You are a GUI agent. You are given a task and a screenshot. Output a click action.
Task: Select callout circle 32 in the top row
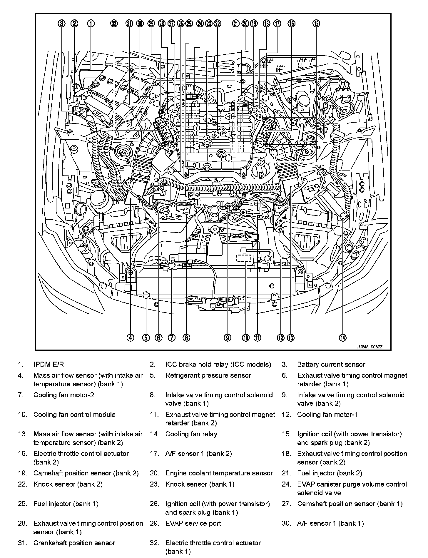tap(114, 24)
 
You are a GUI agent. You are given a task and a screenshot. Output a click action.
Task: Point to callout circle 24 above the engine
tap(200, 24)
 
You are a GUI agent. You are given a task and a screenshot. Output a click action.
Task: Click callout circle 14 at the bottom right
tap(342, 338)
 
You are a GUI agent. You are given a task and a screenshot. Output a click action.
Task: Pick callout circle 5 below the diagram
tap(146, 338)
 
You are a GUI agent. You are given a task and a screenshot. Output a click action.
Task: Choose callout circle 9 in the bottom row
tap(227, 338)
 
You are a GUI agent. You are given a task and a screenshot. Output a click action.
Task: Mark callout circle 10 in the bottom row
tap(246, 338)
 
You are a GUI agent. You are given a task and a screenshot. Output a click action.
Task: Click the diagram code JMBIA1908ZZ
tap(370, 347)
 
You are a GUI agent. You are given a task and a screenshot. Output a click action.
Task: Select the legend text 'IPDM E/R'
tap(49, 364)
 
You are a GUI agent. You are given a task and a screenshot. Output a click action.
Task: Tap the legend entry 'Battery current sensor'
tap(331, 364)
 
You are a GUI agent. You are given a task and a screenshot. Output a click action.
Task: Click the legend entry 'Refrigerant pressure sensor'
tap(208, 375)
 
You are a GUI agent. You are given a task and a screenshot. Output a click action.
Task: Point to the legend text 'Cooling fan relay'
tap(191, 434)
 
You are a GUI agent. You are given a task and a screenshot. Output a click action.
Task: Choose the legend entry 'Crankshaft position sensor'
tap(74, 543)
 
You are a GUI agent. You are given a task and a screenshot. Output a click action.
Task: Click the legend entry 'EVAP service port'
tap(193, 523)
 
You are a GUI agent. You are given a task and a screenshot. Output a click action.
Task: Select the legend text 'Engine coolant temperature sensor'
tap(219, 473)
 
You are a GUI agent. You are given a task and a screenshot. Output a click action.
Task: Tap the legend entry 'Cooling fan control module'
tap(74, 415)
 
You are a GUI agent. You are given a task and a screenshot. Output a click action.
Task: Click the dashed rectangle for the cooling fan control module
tap(244, 258)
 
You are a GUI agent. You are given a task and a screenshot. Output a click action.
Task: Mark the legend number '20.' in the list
tap(154, 473)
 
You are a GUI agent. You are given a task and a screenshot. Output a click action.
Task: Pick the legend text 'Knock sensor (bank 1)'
tap(200, 484)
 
